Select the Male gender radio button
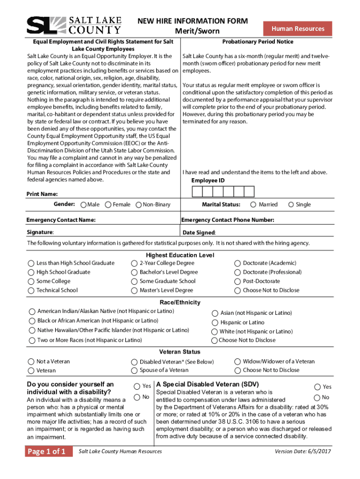point(83,205)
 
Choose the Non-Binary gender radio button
point(138,205)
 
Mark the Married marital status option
point(253,204)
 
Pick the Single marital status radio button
point(291,204)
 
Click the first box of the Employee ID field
point(197,192)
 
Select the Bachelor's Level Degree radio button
point(135,272)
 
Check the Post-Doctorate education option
point(238,281)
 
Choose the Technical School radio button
point(31,290)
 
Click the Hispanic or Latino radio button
point(215,323)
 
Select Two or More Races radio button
point(32,340)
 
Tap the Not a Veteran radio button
point(31,362)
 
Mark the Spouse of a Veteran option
point(135,370)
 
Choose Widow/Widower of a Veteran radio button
point(238,362)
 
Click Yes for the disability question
point(137,386)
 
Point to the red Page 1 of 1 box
point(49,451)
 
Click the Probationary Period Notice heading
point(257,42)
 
